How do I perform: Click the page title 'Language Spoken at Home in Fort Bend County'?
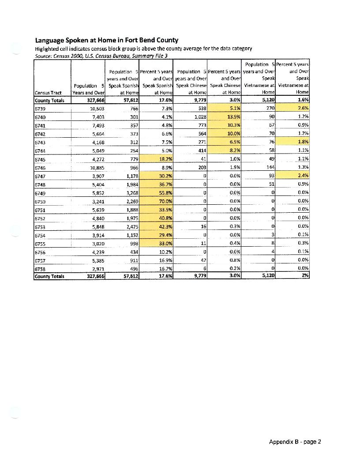point(106,40)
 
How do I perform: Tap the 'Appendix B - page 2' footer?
point(295,442)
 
